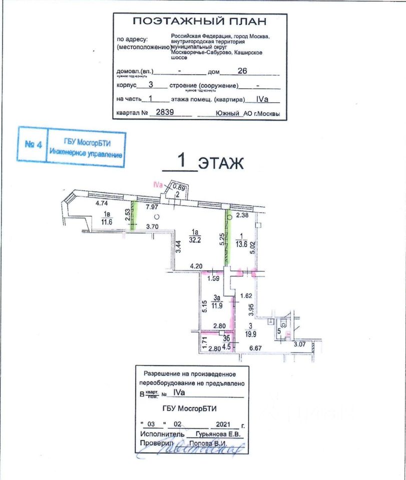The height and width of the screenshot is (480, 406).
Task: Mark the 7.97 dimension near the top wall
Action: [x=152, y=206]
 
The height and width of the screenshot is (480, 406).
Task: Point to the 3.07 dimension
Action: [x=299, y=344]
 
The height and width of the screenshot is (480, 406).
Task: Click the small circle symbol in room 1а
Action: [x=157, y=217]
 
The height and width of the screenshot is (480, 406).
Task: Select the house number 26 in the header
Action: [x=243, y=71]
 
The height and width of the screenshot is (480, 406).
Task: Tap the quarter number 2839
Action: [x=165, y=112]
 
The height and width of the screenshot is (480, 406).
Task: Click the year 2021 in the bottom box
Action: [x=218, y=423]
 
